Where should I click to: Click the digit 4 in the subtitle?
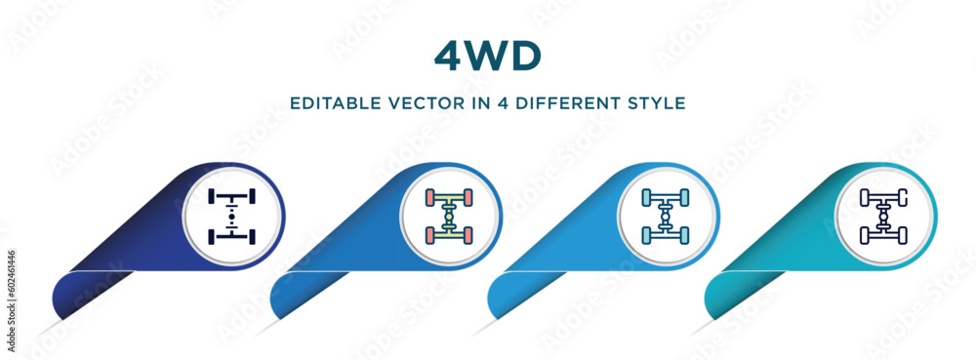pos(498,102)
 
